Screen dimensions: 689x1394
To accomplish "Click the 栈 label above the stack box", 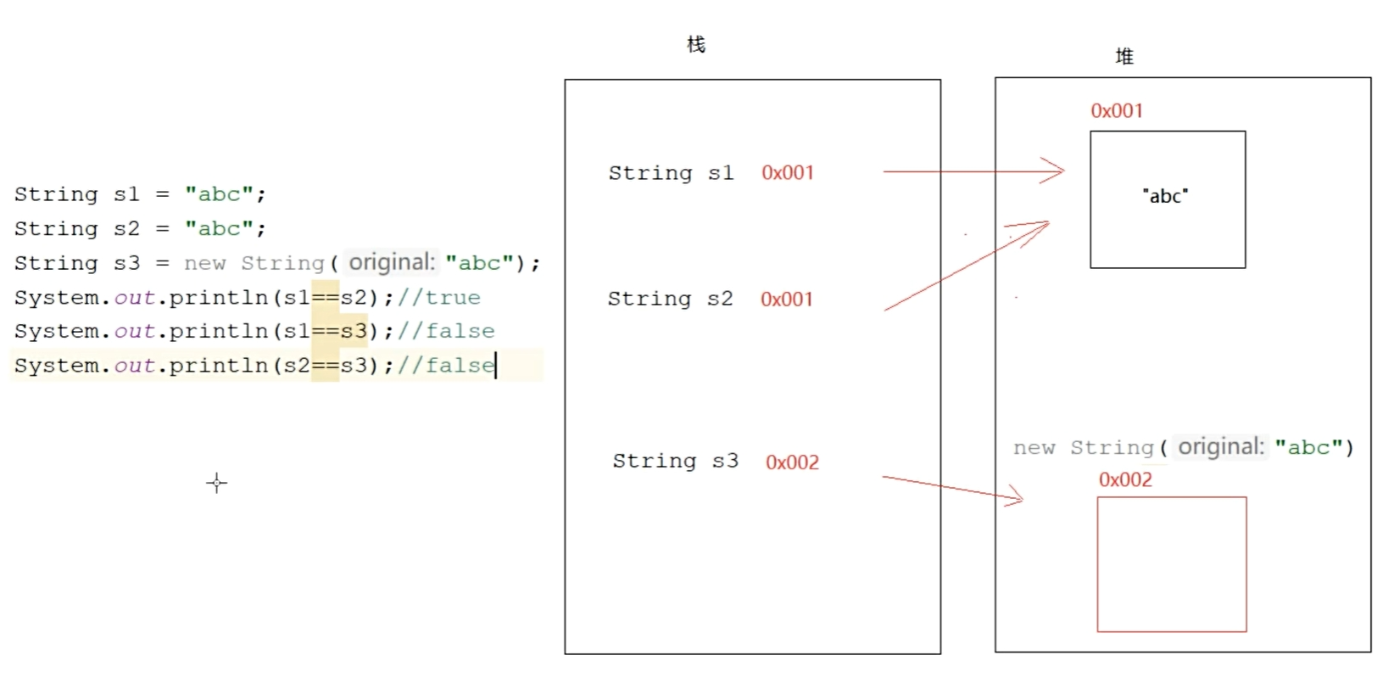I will [696, 44].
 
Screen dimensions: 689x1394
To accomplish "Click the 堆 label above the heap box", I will [1124, 57].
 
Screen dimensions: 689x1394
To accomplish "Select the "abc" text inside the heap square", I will [1165, 196].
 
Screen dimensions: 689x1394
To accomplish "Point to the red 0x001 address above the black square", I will [1117, 111].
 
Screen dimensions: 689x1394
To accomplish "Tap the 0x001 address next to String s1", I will [788, 173].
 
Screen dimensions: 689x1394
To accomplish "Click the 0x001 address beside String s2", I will [787, 300].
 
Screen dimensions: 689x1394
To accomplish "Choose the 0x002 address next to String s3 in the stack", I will [792, 462].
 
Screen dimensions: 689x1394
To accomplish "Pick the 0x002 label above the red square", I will [1125, 480].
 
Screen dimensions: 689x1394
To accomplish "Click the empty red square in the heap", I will [1172, 564].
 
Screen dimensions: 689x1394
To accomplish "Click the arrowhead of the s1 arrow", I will [1057, 171].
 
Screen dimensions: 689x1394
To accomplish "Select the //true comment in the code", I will [438, 298].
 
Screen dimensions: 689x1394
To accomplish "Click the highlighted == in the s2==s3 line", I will [326, 366].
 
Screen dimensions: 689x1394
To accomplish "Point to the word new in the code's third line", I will [205, 263].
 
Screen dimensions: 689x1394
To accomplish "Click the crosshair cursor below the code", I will [217, 483].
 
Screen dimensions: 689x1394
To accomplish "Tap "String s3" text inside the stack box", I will [675, 462].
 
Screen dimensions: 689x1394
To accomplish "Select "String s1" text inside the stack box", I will [671, 173].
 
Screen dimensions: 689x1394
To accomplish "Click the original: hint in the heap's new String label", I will [1221, 447].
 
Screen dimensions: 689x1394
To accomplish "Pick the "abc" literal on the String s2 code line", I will [220, 229].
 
